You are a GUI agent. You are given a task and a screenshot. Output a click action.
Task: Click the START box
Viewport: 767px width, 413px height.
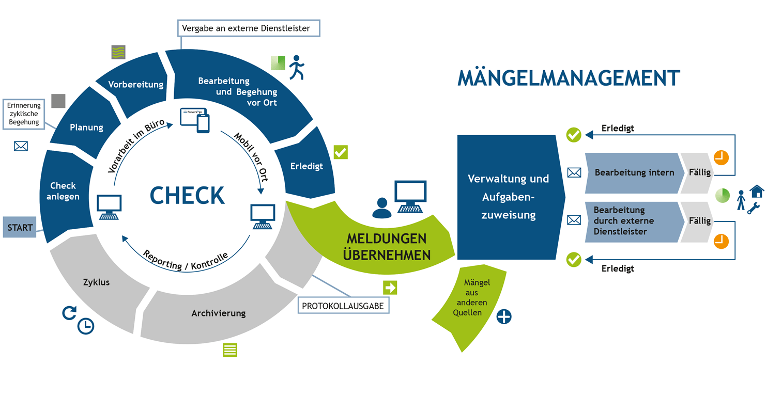[20, 227]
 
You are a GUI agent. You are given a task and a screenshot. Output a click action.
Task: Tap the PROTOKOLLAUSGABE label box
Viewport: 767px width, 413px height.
[343, 306]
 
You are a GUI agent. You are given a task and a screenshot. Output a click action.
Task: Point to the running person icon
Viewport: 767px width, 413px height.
[297, 67]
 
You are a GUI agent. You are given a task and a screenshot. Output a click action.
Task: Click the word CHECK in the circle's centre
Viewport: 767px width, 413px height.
[187, 195]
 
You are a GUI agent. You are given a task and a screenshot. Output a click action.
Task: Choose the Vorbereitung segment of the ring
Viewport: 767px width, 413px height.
[135, 84]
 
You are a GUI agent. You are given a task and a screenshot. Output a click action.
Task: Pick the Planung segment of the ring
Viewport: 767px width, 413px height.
[86, 127]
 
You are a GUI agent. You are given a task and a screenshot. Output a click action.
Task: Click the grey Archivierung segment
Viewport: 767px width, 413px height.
[218, 313]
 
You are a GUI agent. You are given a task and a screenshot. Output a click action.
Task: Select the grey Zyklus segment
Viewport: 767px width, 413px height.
[97, 283]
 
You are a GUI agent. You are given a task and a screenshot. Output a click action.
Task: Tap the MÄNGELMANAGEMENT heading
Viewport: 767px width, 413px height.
[569, 78]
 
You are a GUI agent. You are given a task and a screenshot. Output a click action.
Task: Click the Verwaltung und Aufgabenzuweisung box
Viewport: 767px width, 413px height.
[508, 197]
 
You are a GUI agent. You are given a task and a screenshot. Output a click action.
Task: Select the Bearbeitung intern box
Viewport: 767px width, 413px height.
[634, 172]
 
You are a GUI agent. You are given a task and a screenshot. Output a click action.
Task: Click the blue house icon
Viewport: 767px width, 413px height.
[757, 190]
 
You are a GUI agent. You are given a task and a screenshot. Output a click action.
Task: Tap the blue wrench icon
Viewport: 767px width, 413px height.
[754, 208]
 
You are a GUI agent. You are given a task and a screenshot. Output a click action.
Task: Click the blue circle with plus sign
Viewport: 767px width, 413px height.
[504, 316]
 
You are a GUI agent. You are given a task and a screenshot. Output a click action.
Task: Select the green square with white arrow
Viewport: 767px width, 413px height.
[389, 288]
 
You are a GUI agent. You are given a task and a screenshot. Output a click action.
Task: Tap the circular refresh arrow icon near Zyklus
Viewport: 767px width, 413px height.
[69, 312]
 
